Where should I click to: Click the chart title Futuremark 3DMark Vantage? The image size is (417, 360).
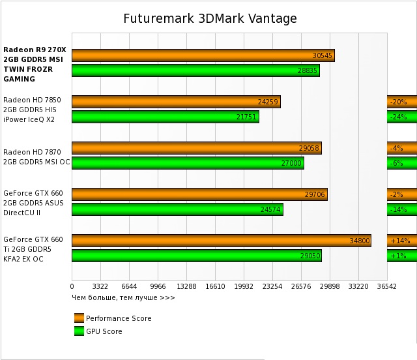[x=210, y=18]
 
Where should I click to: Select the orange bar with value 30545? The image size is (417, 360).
[x=203, y=55]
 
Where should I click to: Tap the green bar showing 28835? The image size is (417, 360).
[x=195, y=70]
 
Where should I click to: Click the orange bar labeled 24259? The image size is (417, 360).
[x=176, y=102]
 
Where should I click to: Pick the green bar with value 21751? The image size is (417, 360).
[x=165, y=117]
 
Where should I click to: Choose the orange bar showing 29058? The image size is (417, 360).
[x=196, y=148]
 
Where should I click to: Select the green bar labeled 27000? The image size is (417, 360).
[x=188, y=163]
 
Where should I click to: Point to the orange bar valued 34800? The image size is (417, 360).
[x=221, y=240]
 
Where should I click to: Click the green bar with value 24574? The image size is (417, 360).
[x=177, y=209]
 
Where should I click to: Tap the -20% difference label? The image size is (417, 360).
[x=398, y=102]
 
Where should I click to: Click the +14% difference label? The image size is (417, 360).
[x=399, y=240]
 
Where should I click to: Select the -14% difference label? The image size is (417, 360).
[x=398, y=209]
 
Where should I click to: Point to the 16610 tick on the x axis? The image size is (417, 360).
[x=214, y=286]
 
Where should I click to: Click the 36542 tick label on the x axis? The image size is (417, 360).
[x=386, y=286]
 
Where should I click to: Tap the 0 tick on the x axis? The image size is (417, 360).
[x=72, y=286]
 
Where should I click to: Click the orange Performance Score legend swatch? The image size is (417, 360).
[x=79, y=318]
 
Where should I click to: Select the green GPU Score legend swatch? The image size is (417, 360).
[x=79, y=331]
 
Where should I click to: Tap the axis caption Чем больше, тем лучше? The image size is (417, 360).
[x=123, y=297]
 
